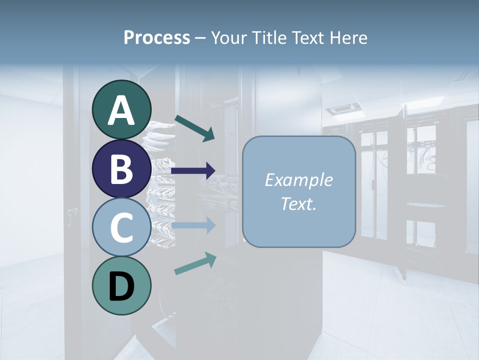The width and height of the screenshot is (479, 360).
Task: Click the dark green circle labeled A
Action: click(122, 109)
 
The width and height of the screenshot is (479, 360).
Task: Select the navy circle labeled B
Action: click(122, 168)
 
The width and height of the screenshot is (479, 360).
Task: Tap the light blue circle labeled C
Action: click(122, 227)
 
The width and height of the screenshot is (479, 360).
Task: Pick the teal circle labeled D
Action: click(122, 285)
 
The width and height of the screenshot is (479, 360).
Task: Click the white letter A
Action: click(122, 110)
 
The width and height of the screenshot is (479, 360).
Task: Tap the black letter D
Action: click(122, 286)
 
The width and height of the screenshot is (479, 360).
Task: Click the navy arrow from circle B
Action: click(194, 171)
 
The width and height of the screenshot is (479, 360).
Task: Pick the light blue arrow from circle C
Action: click(194, 226)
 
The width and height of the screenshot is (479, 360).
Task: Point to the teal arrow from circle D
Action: click(195, 263)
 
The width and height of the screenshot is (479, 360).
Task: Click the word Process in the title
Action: click(157, 37)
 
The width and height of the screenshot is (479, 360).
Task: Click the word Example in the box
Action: click(298, 180)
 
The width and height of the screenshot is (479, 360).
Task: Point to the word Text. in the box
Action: click(298, 204)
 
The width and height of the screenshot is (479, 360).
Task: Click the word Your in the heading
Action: click(227, 37)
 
